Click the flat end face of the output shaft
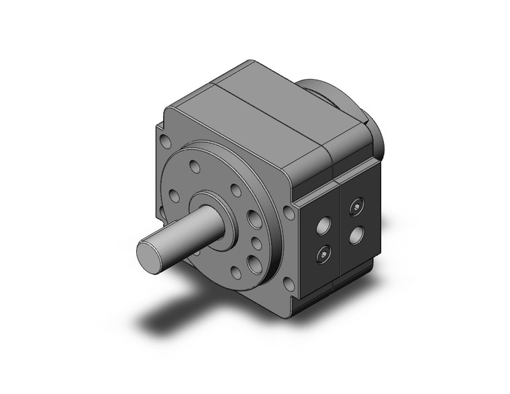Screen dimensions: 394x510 tap(148, 254)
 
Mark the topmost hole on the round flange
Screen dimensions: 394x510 tap(195, 164)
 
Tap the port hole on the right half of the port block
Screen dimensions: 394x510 tap(356, 236)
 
